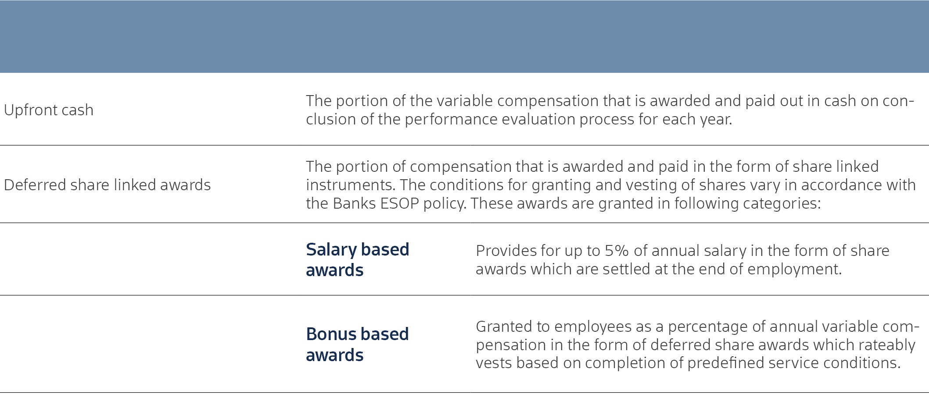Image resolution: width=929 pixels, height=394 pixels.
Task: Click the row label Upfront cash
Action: [x=49, y=110]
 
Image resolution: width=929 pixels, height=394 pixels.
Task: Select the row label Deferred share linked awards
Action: [x=108, y=185]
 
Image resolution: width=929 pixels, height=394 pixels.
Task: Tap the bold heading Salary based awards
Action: [x=358, y=259]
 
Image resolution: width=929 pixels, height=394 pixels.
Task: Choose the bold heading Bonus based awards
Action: [x=357, y=344]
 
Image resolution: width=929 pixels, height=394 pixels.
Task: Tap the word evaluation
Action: [x=538, y=119]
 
